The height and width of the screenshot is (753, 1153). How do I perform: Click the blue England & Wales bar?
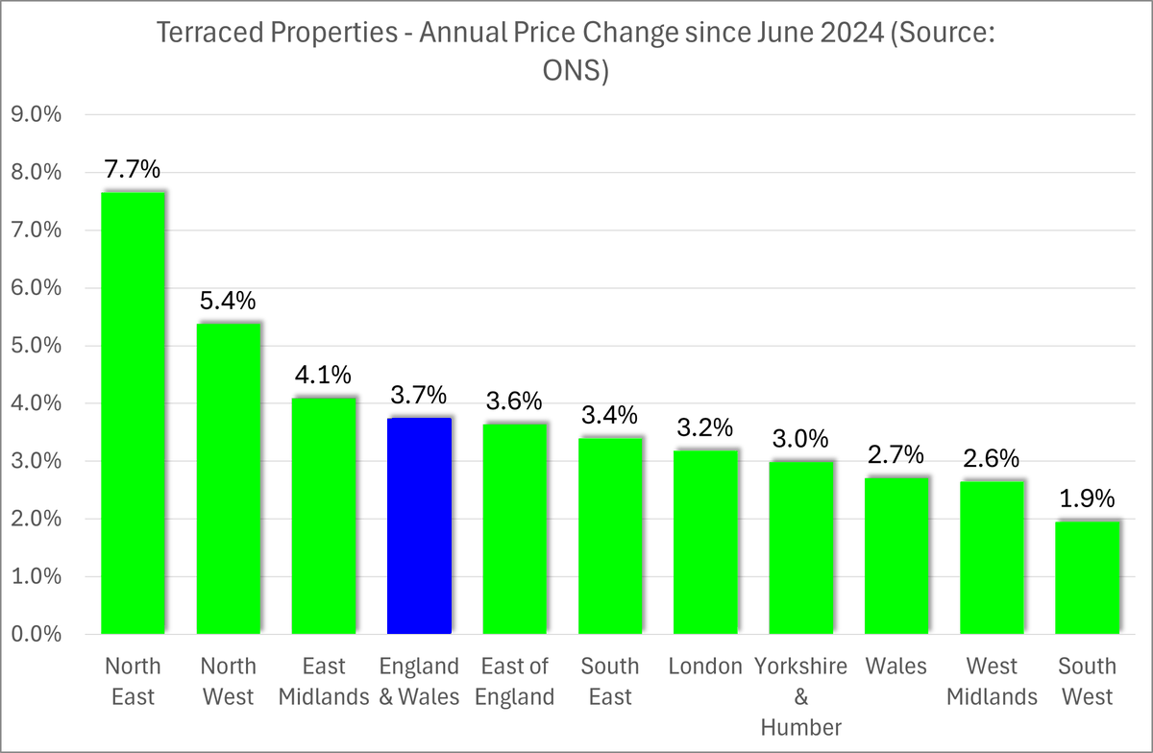point(419,525)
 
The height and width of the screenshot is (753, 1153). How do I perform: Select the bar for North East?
point(133,413)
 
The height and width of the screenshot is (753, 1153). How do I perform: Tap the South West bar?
point(1087,577)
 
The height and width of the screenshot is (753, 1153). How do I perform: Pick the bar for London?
point(705,542)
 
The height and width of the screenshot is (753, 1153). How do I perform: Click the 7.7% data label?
point(133,171)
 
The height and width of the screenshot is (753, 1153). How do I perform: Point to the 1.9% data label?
point(1087,499)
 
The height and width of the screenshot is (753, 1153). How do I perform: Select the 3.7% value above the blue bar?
point(419,396)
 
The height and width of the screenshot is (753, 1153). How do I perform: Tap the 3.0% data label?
point(800,439)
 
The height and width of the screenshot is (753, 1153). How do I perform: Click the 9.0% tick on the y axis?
point(36,114)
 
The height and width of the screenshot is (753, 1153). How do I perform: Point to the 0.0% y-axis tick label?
point(36,635)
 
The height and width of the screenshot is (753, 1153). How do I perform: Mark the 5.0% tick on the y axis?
point(36,346)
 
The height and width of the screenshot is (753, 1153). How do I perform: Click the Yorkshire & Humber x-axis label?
point(800,696)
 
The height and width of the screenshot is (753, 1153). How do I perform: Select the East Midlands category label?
point(324,681)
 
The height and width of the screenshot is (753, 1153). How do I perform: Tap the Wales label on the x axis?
point(895,667)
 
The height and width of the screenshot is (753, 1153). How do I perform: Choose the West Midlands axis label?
point(992,681)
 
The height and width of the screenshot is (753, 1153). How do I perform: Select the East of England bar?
point(514,528)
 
